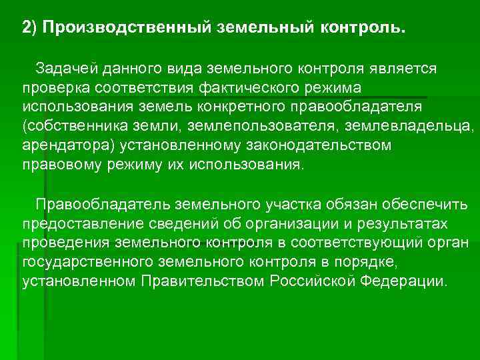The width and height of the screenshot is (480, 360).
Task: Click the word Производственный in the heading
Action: pos(127,29)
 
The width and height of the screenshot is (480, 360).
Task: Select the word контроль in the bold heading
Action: pos(362,29)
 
